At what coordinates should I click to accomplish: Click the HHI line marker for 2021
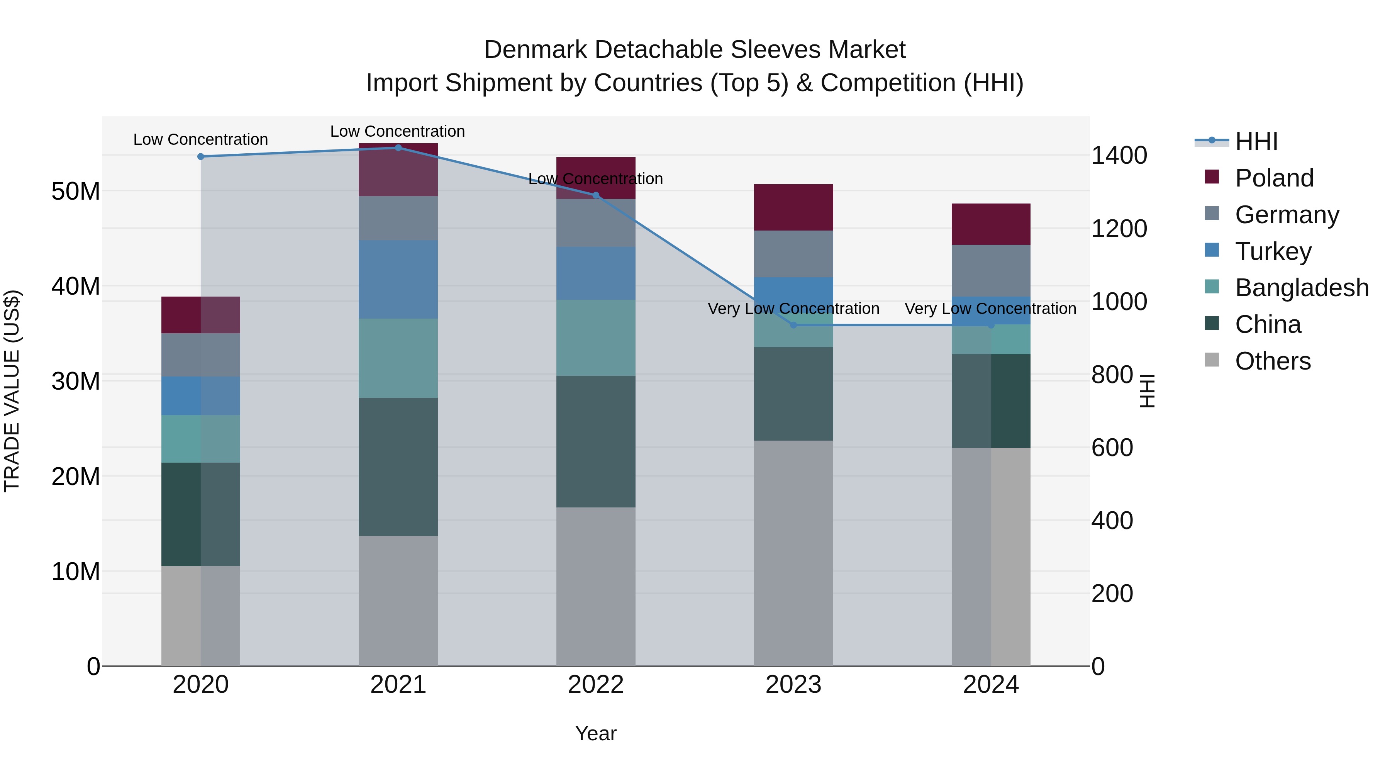coord(398,148)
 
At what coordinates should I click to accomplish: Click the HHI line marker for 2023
coord(793,325)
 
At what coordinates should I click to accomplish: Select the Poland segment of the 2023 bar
coord(793,207)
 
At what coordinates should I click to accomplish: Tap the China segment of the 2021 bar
coord(398,467)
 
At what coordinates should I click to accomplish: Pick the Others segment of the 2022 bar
coord(596,587)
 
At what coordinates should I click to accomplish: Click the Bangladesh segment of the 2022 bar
coord(596,338)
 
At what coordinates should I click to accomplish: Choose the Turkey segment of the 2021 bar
coord(398,280)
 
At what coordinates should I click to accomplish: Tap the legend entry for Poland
coord(1273,178)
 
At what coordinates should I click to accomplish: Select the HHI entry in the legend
coord(1256,141)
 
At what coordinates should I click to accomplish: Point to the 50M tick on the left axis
coord(76,191)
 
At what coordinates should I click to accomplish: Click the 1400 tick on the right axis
coord(1119,155)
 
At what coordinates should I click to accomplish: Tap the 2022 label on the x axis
coord(596,685)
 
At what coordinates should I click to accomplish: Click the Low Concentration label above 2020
coord(201,139)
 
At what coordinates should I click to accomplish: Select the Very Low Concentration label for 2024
coord(991,309)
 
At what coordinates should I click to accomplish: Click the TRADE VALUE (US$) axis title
coord(12,391)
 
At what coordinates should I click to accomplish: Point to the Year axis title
coord(596,733)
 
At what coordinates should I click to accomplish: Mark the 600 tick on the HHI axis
coord(1112,448)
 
